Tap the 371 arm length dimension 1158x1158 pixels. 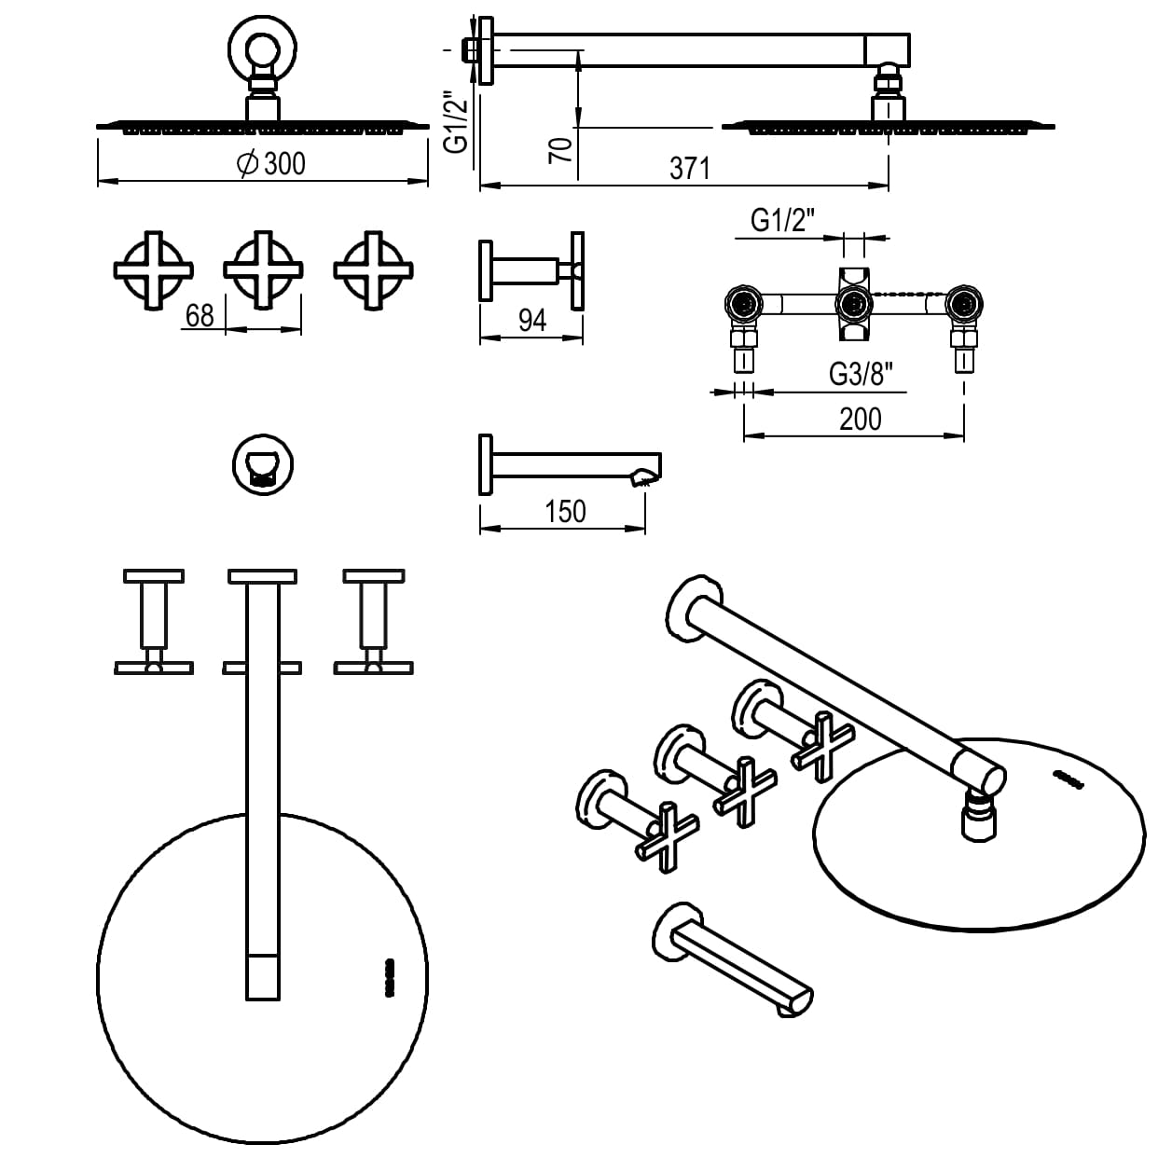tap(689, 169)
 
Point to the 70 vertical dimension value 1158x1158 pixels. tap(560, 148)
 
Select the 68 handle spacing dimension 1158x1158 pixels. tap(200, 315)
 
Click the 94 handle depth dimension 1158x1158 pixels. tap(531, 321)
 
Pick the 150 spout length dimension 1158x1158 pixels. tap(565, 512)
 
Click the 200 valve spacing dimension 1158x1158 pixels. tap(860, 420)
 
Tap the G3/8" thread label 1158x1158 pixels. tap(861, 375)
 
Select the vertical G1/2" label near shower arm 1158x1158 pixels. tap(454, 121)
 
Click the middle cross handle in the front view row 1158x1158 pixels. tap(264, 269)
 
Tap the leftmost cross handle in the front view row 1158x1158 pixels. tap(154, 269)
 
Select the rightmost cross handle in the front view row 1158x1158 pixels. tap(373, 269)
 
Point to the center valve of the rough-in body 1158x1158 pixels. tap(853, 303)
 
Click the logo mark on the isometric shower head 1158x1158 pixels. tap(1068, 779)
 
